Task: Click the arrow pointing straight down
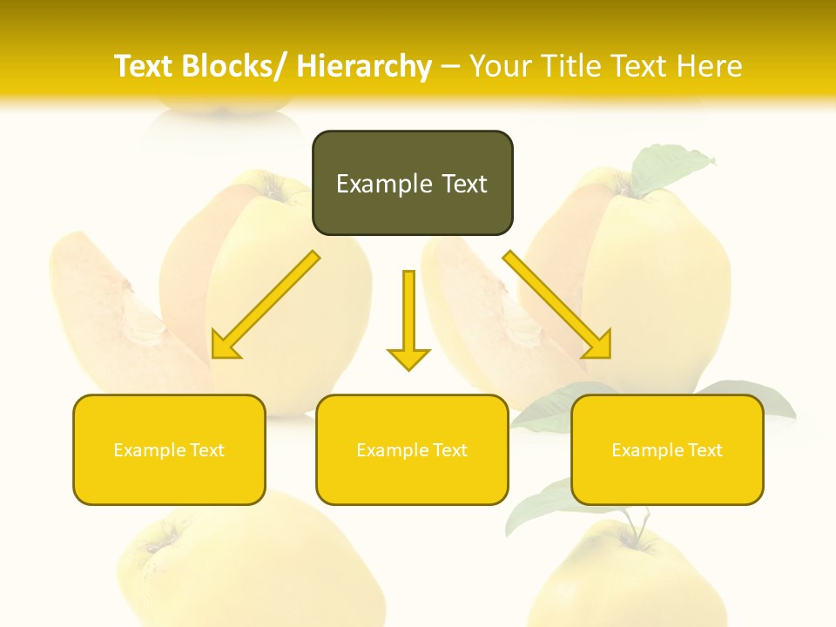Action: pos(408,318)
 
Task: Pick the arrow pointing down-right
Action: pos(557,305)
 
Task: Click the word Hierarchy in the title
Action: pos(364,66)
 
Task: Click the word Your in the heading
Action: pos(501,66)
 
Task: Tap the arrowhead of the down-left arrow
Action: pos(224,346)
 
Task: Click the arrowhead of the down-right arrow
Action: pos(598,346)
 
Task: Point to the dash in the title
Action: pos(450,66)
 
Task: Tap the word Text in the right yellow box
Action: pos(704,450)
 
